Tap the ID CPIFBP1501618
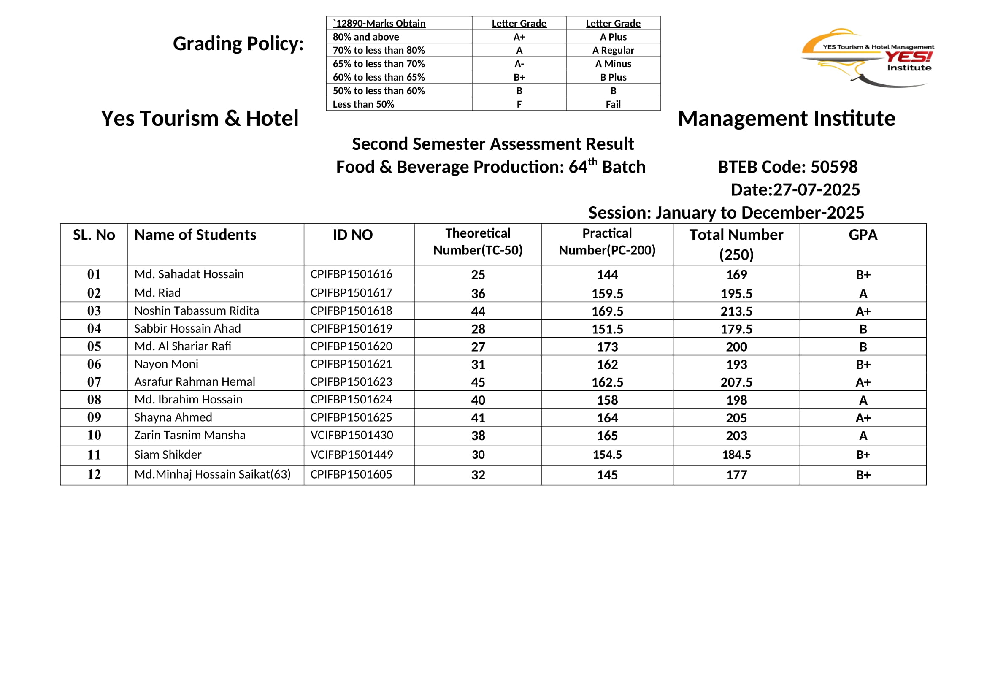tap(351, 311)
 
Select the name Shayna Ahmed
tap(173, 417)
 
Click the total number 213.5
tap(736, 311)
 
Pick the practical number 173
tap(607, 347)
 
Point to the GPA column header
tap(863, 235)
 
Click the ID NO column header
tap(352, 235)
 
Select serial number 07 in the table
tap(94, 381)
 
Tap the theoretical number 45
tap(478, 382)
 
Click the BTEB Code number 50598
tap(834, 167)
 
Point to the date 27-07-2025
tap(817, 189)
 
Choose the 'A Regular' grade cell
tap(613, 50)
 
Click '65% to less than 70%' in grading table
tap(379, 64)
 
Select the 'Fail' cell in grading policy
tap(613, 104)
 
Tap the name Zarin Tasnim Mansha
tap(189, 435)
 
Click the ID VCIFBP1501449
tap(352, 455)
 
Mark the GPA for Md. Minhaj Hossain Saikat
tap(863, 475)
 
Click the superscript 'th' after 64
tap(592, 162)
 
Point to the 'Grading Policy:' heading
tap(238, 43)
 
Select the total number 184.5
tap(736, 455)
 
